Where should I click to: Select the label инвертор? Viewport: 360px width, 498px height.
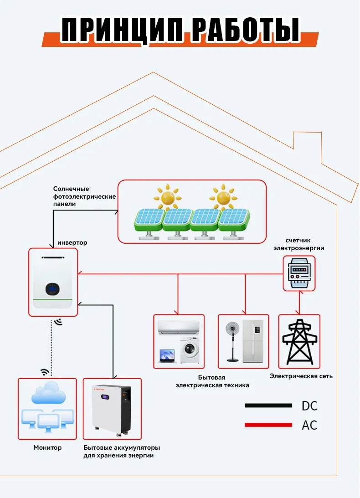(72, 243)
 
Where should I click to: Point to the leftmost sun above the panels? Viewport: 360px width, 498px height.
(168, 196)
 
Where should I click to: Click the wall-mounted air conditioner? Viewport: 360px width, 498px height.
(178, 327)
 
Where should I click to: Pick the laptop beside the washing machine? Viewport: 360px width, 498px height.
(167, 356)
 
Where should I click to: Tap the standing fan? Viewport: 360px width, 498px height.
(233, 339)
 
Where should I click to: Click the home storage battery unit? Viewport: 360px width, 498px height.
(112, 409)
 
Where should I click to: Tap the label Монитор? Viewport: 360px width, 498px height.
(47, 447)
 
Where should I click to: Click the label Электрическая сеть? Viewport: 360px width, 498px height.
(301, 376)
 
